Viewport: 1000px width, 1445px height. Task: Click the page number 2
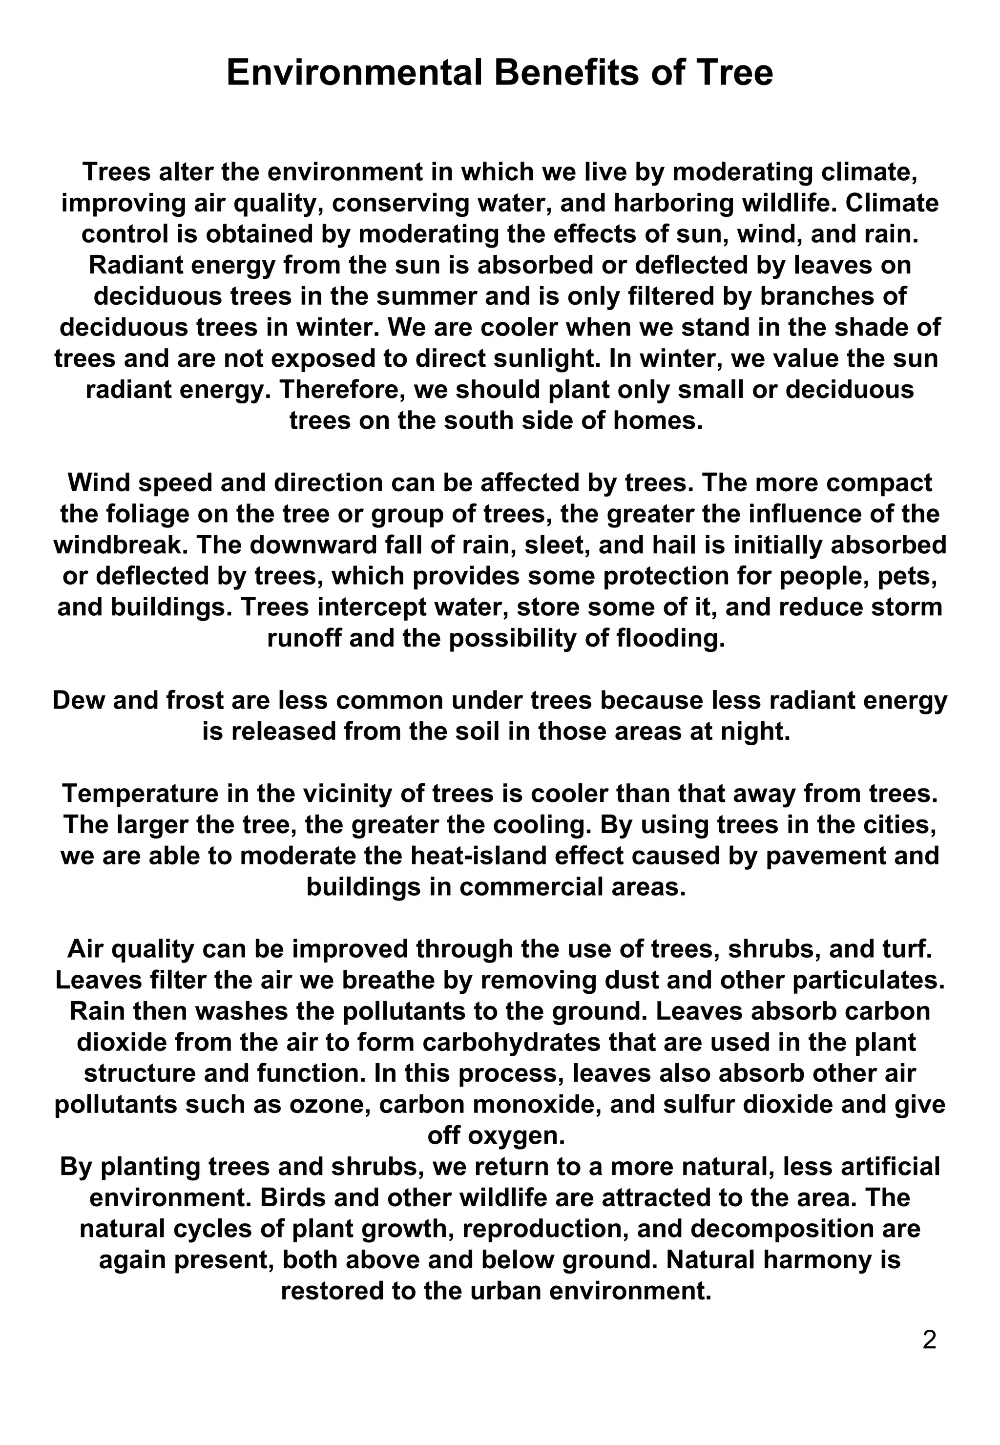click(929, 1340)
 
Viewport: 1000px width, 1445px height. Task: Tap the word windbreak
click(119, 545)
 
